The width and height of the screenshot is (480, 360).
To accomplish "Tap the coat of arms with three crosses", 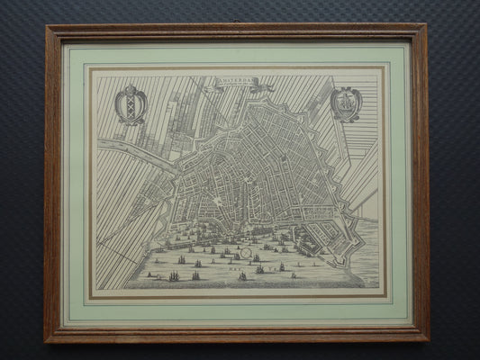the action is (x=131, y=104).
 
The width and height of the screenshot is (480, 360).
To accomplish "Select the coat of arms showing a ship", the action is (x=346, y=103).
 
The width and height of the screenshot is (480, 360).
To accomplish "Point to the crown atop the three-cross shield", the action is (x=131, y=88).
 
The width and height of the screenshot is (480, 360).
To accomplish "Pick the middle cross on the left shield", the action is (x=131, y=106).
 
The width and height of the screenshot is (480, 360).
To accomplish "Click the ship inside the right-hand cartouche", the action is (x=346, y=104).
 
